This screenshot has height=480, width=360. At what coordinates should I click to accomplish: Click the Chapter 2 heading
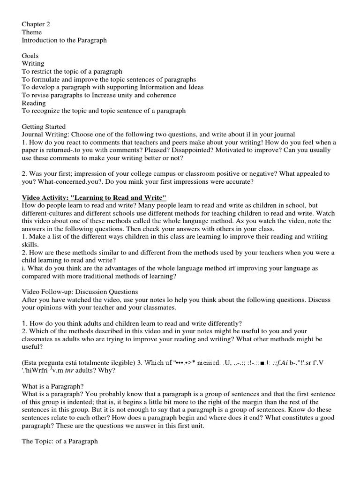(36, 24)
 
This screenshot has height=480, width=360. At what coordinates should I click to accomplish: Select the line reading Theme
(32, 32)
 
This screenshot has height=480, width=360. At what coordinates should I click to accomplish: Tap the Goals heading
(30, 56)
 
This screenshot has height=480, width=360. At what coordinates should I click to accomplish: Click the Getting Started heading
(44, 127)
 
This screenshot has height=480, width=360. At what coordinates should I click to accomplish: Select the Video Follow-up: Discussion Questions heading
(80, 292)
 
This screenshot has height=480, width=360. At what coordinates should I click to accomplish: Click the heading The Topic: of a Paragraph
(60, 442)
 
